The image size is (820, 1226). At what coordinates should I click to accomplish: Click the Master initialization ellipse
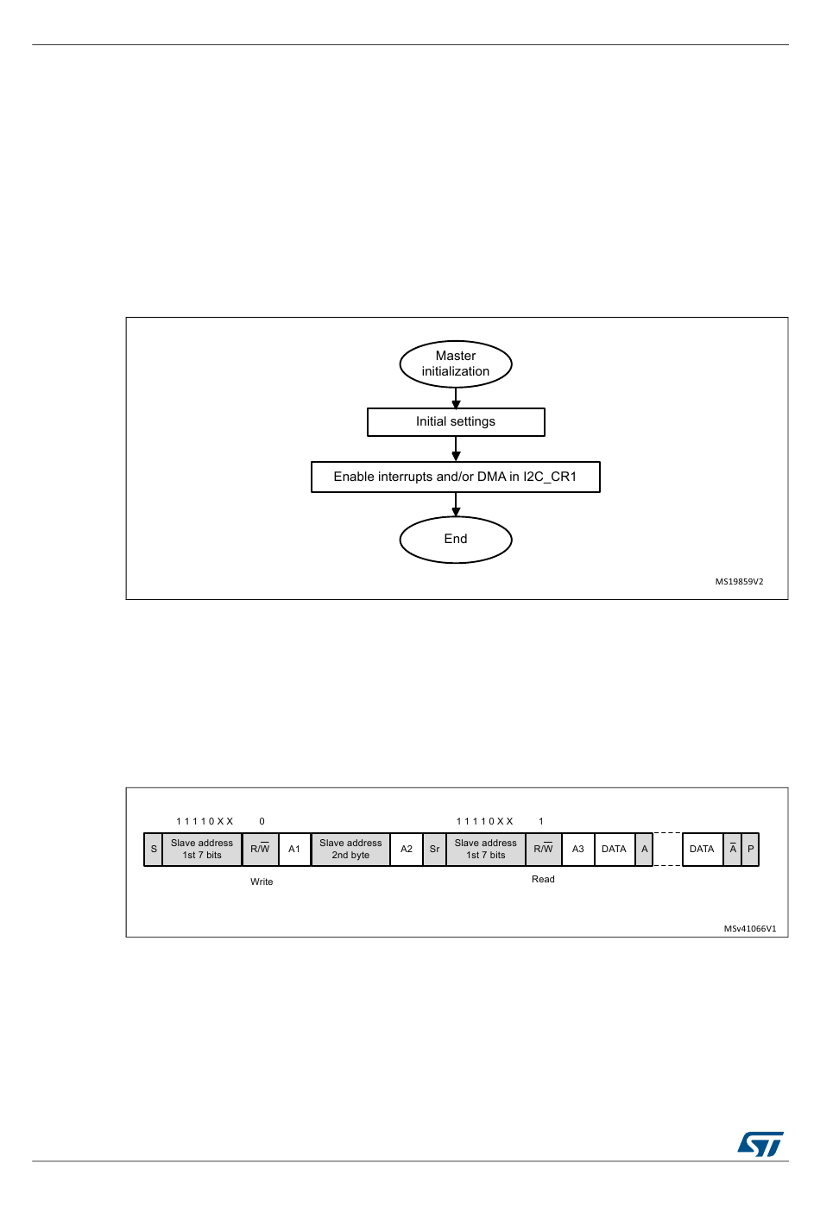[x=456, y=364]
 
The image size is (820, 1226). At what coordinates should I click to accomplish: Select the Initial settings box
[x=456, y=422]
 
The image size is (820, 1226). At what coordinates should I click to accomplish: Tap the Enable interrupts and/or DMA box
[x=456, y=477]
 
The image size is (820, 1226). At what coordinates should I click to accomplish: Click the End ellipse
[x=456, y=540]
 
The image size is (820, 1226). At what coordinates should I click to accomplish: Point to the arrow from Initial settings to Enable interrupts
[x=456, y=449]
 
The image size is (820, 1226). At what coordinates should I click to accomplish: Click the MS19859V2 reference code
[x=739, y=582]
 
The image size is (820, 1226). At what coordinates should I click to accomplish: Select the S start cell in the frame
[x=153, y=849]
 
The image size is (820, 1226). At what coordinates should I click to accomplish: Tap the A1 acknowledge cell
[x=294, y=849]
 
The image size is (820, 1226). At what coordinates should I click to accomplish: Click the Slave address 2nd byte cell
[x=350, y=849]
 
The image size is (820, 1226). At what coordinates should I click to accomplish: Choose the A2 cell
[x=407, y=849]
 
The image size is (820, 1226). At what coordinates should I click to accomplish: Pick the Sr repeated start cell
[x=434, y=849]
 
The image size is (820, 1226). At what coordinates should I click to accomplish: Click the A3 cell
[x=578, y=849]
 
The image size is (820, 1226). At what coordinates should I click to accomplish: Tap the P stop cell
[x=751, y=849]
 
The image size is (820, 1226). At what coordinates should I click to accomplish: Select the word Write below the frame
[x=262, y=882]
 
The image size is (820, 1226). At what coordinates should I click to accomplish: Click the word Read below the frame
[x=543, y=879]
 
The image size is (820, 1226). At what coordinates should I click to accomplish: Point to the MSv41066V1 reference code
[x=750, y=929]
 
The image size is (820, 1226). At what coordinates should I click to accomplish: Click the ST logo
[x=760, y=1144]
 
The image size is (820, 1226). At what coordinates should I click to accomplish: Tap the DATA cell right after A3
[x=615, y=849]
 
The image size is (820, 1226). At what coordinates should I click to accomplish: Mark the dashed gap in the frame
[x=667, y=849]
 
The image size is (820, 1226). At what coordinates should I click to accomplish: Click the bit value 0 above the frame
[x=262, y=822]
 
